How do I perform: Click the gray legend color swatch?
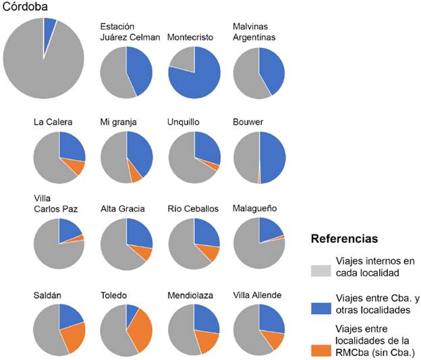pyautogui.click(x=322, y=272)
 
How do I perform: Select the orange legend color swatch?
pyautogui.click(x=322, y=349)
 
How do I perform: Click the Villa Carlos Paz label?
pyautogui.click(x=55, y=204)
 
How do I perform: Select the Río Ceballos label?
pyautogui.click(x=192, y=209)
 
